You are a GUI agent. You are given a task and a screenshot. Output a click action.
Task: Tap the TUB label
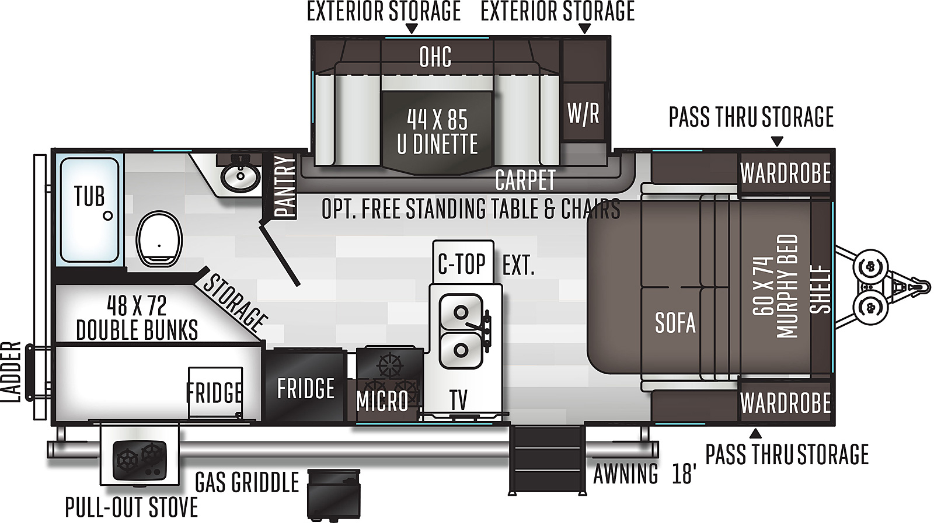point(89,196)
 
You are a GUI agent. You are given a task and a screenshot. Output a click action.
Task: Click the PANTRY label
point(285,186)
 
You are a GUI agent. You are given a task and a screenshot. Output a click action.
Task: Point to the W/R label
point(583,113)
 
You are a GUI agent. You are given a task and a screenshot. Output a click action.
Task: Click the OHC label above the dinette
point(435,57)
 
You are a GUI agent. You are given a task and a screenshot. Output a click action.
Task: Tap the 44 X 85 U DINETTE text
point(437,132)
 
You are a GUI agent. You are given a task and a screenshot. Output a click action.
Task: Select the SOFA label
point(675,323)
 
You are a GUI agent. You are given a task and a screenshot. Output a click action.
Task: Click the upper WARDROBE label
point(785,173)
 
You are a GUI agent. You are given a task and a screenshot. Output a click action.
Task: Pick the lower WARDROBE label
point(785,403)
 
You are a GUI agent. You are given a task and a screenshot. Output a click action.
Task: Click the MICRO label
point(382,401)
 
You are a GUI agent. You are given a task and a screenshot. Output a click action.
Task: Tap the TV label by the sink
point(458,401)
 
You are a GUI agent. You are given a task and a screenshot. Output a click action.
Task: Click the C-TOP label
point(462,264)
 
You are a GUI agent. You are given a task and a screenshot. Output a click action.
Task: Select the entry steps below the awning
point(547,460)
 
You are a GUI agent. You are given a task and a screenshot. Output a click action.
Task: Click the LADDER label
point(12,372)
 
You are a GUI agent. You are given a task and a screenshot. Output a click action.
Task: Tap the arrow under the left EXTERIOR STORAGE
point(412,29)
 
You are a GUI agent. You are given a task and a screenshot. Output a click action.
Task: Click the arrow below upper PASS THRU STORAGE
point(776,141)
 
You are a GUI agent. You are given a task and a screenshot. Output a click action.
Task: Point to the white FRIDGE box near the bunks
point(215,392)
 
